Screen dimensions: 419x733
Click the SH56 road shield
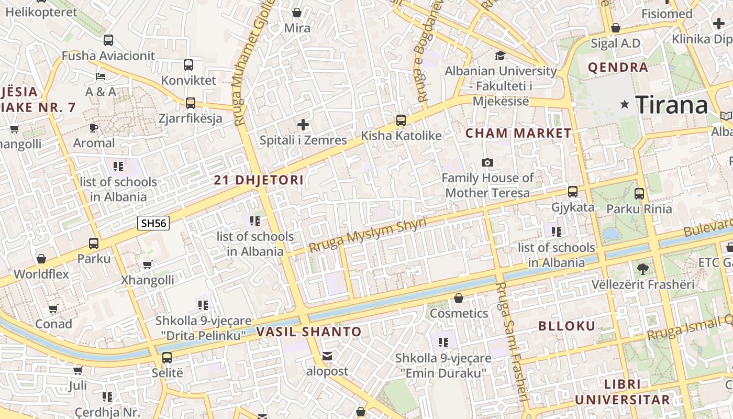(x=153, y=223)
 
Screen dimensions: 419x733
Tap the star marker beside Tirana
(x=624, y=105)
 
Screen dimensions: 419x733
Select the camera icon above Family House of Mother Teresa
(x=487, y=163)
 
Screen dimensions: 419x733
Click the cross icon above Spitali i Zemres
(x=303, y=125)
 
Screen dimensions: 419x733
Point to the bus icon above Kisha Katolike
(x=401, y=120)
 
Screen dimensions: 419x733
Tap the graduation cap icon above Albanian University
(x=501, y=56)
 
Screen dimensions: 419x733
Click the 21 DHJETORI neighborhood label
(x=259, y=180)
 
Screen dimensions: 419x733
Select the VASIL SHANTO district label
(x=309, y=332)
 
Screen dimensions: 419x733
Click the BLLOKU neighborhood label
(x=567, y=326)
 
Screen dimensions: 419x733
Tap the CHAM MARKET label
(x=518, y=133)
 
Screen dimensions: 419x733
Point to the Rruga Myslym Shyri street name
(x=368, y=235)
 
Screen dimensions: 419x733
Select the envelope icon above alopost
(x=327, y=357)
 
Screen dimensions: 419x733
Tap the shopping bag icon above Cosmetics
(x=459, y=299)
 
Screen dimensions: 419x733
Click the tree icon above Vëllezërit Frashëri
(x=643, y=269)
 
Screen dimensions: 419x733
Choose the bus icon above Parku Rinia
(x=639, y=194)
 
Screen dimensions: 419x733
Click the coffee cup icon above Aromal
(x=94, y=128)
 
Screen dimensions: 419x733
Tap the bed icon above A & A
(x=101, y=76)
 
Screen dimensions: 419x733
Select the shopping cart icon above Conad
(x=53, y=309)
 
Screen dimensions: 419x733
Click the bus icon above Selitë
(x=167, y=358)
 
